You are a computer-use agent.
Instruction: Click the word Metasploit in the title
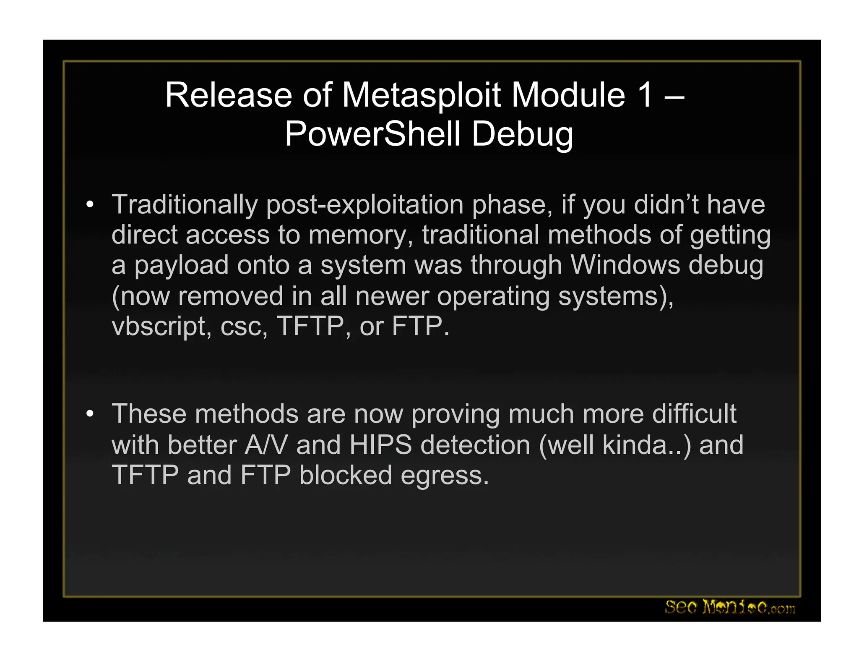421,95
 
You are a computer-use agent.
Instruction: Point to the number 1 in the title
645,95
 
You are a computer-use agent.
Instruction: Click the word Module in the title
568,95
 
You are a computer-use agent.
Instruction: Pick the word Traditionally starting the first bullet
185,205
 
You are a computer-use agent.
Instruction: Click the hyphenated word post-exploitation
364,205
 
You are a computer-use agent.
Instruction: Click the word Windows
625,265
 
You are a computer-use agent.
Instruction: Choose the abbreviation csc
244,327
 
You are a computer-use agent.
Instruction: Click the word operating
493,296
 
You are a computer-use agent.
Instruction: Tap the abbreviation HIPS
380,445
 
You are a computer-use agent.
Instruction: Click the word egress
445,476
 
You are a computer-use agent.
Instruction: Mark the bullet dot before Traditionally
89,205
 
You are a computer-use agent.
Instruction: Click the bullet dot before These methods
89,414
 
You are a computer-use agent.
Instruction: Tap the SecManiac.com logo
730,607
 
